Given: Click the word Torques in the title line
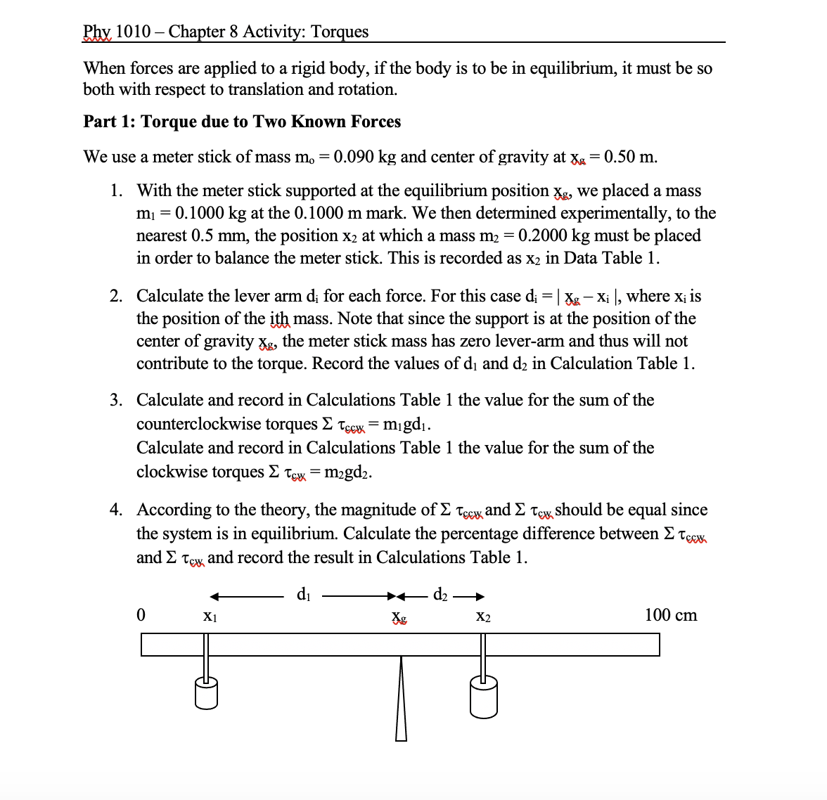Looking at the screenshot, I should pyautogui.click(x=340, y=32).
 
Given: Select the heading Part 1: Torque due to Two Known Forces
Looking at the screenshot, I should pyautogui.click(x=242, y=122).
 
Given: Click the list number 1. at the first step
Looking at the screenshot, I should pyautogui.click(x=117, y=191).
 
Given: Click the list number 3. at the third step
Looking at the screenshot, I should pyautogui.click(x=117, y=400).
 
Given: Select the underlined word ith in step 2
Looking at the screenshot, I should pyautogui.click(x=279, y=318).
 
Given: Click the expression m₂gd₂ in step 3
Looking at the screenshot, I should pyautogui.click(x=347, y=472).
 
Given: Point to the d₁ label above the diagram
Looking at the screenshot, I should pyautogui.click(x=303, y=595).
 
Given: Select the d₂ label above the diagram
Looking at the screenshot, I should pyautogui.click(x=440, y=595).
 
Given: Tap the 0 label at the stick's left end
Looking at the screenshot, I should pyautogui.click(x=141, y=615).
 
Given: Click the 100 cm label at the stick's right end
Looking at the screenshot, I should pyautogui.click(x=670, y=615).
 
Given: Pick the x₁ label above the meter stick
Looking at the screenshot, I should pyautogui.click(x=210, y=617).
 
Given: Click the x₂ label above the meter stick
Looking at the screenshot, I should pyautogui.click(x=483, y=617).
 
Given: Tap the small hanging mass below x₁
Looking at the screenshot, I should pyautogui.click(x=206, y=693).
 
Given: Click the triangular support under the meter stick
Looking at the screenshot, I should pyautogui.click(x=401, y=703).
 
